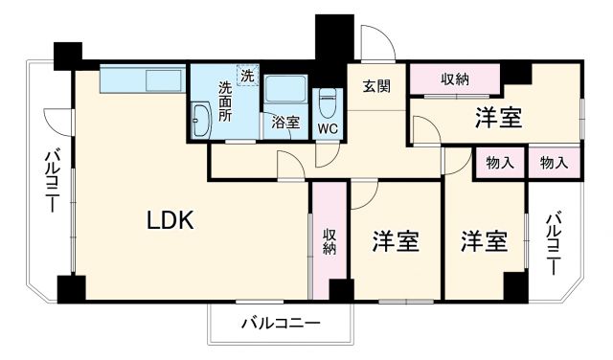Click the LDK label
tap(170, 220)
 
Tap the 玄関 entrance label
tap(376, 86)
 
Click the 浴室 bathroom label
tap(284, 122)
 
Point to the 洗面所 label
tap(225, 101)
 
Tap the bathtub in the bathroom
tap(284, 91)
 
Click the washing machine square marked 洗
tap(248, 75)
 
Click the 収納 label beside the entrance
tap(455, 79)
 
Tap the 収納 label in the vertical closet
tap(329, 240)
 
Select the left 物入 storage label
tap(500, 163)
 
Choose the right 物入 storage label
tap(554, 163)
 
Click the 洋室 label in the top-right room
tap(498, 118)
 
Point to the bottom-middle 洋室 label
tap(396, 241)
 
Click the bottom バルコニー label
tap(280, 323)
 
